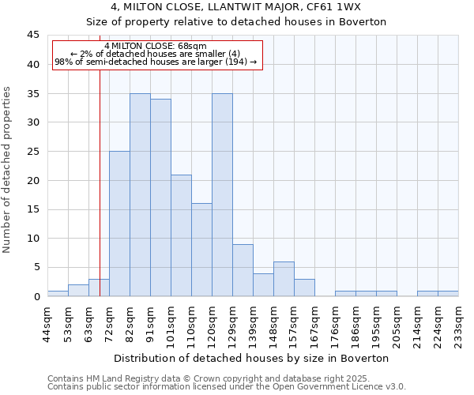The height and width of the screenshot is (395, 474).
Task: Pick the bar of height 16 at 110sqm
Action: pyautogui.click(x=201, y=250)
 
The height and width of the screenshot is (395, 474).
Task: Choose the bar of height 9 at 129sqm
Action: pyautogui.click(x=243, y=270)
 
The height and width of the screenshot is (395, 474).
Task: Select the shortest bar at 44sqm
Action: pyautogui.click(x=58, y=293)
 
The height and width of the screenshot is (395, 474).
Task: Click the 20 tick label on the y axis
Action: pyautogui.click(x=34, y=180)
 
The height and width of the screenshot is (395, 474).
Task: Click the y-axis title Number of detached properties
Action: pyautogui.click(x=8, y=170)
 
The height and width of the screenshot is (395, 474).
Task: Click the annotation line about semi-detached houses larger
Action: pyautogui.click(x=156, y=62)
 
